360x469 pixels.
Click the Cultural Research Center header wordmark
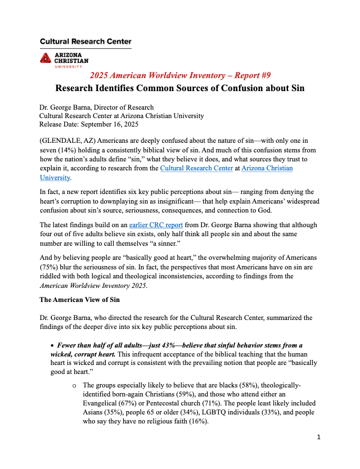(85, 42)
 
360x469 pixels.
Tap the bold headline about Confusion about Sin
(180, 89)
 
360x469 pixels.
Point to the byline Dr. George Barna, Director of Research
(96, 107)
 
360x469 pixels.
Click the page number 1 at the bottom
(318, 438)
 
